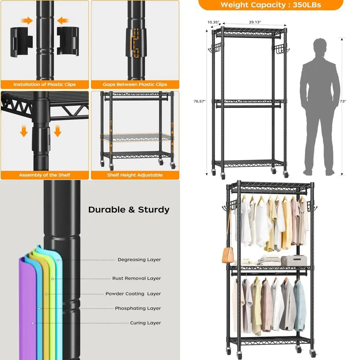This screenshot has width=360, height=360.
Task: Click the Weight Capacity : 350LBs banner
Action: point(270,5)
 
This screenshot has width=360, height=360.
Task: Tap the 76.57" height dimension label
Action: point(199,102)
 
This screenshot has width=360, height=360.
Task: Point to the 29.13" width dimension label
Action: point(255,22)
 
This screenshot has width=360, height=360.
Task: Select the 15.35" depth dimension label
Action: point(213,22)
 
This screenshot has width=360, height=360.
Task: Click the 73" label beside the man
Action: point(343,102)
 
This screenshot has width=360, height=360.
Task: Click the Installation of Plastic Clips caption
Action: point(45,85)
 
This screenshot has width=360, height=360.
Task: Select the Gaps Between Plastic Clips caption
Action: point(135,85)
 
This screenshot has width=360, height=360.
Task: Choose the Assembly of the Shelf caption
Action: point(45,175)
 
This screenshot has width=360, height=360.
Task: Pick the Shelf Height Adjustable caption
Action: point(135,175)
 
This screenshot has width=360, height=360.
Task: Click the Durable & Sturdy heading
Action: point(129,210)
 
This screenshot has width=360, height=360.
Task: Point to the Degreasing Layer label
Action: point(139,260)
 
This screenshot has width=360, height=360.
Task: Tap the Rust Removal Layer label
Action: point(136,278)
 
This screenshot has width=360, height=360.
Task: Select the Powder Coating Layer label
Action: point(133,294)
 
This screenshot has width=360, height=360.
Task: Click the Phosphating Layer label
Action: point(138,309)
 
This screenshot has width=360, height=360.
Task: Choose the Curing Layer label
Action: point(145,323)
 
